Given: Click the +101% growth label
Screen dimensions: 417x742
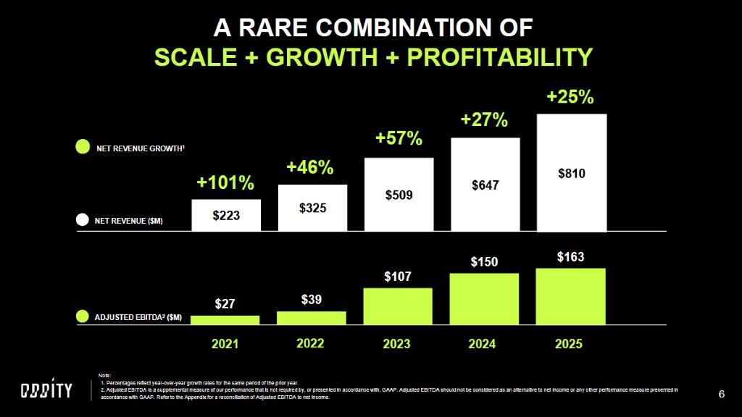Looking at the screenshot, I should click(225, 182).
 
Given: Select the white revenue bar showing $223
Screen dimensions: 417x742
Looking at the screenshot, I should click(226, 215).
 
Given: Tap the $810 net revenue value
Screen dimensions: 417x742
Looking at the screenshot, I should click(571, 174).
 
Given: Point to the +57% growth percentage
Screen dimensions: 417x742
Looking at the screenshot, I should click(399, 138).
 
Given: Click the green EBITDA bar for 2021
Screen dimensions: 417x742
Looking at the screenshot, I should click(225, 319).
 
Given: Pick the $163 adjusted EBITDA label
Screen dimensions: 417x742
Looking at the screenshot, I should click(570, 257).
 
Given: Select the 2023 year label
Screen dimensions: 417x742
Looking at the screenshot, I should click(398, 344).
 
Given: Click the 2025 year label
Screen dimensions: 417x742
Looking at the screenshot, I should click(569, 344).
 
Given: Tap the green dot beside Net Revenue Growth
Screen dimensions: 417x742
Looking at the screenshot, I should click(83, 147).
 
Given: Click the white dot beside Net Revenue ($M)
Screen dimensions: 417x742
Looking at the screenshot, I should click(83, 220).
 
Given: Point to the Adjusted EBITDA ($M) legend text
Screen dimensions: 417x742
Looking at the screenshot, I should click(138, 318).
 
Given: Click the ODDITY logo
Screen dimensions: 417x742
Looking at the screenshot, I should click(46, 391).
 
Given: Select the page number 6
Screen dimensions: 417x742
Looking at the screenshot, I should click(721, 394).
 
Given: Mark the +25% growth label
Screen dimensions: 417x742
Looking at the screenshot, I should click(570, 97).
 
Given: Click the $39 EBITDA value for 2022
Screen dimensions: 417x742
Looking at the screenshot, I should click(312, 299).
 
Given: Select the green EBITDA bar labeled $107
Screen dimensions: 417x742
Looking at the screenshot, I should click(398, 306).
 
